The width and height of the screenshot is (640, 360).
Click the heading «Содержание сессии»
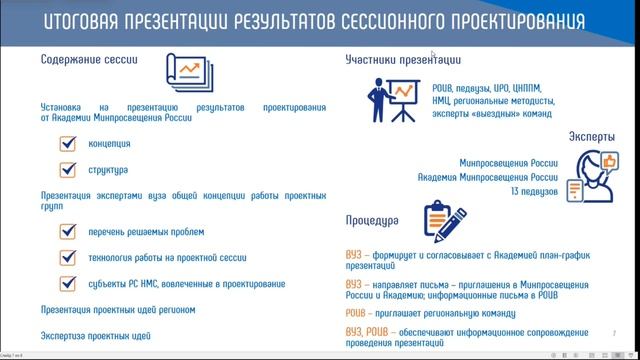[88, 59]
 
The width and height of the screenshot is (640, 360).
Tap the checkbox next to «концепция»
[69, 144]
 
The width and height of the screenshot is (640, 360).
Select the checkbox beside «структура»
[69, 171]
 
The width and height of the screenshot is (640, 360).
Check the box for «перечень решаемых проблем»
[69, 231]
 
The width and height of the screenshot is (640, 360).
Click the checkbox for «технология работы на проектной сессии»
[69, 257]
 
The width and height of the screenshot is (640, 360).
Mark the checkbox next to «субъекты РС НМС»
[69, 283]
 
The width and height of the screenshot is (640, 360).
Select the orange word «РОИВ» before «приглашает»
[358, 313]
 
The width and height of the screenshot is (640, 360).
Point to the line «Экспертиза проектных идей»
[96, 334]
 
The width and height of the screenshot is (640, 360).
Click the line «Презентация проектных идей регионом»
[117, 309]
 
